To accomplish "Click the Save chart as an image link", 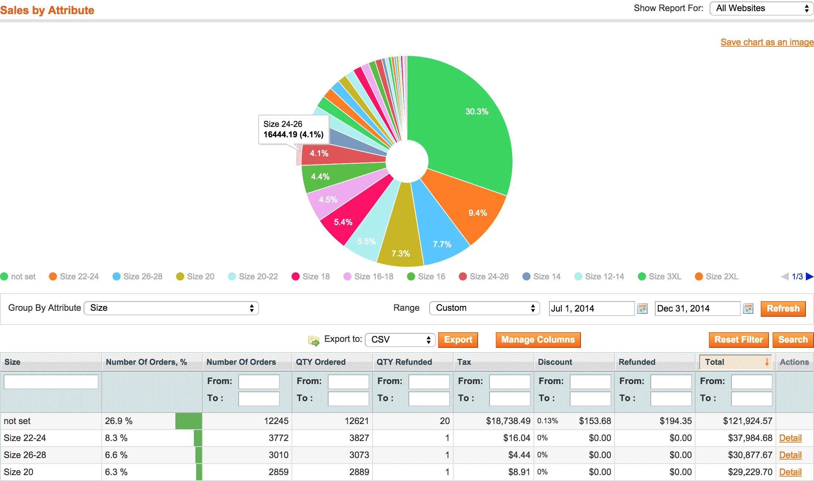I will click(x=767, y=42).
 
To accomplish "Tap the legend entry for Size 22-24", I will click(x=74, y=276).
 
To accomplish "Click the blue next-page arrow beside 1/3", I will click(x=809, y=276).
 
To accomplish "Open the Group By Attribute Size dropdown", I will click(x=171, y=308).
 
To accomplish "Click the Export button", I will click(x=458, y=340).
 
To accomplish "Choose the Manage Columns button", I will click(x=538, y=340).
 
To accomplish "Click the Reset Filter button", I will click(x=738, y=340).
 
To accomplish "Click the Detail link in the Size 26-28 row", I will click(x=790, y=455).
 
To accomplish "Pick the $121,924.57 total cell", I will click(x=747, y=421).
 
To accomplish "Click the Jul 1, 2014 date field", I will click(x=591, y=308).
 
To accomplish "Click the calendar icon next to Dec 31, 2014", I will click(x=748, y=308).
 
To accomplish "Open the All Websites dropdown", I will click(x=761, y=8).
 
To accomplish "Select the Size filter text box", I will click(x=51, y=381).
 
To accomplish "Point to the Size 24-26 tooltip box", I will click(x=293, y=129).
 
